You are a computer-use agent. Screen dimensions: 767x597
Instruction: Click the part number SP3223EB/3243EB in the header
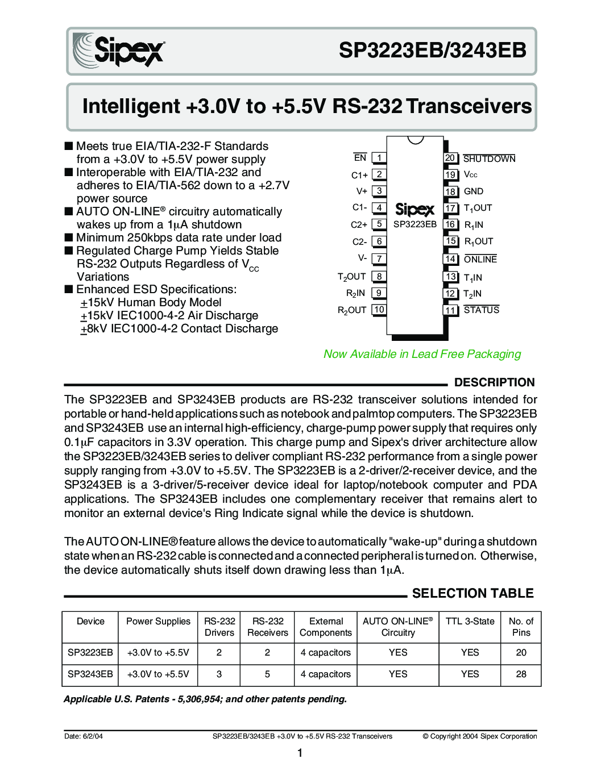click(x=433, y=51)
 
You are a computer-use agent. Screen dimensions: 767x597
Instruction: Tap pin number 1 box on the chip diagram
click(x=379, y=158)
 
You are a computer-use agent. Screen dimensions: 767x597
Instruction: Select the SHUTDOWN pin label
click(x=489, y=159)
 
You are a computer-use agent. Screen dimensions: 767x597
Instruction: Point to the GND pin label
click(x=474, y=191)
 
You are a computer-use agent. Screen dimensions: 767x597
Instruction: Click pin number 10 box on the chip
click(x=379, y=310)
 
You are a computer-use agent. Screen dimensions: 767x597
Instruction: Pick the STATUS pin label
click(x=482, y=310)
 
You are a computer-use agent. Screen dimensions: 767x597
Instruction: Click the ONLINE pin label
click(x=480, y=259)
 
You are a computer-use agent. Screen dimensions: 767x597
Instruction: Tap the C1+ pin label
click(x=359, y=175)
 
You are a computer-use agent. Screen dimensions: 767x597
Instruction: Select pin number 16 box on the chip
click(x=450, y=224)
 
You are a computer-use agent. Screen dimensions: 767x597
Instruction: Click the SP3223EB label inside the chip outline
click(x=415, y=224)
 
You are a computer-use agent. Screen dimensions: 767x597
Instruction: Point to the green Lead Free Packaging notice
click(x=422, y=354)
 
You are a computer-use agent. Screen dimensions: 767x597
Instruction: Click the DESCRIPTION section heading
click(x=495, y=382)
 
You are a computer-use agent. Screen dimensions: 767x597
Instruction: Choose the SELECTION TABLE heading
click(x=473, y=593)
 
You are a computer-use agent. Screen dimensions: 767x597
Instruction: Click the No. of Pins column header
click(x=521, y=627)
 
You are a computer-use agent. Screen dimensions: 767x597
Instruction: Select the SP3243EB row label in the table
click(x=90, y=674)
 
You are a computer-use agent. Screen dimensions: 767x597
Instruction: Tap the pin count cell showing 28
click(x=521, y=674)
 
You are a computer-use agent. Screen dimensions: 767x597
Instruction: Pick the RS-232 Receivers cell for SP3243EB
click(x=267, y=674)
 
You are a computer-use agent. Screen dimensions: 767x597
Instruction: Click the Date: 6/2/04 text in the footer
click(x=84, y=736)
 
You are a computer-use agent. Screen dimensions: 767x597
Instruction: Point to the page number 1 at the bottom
click(x=300, y=753)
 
